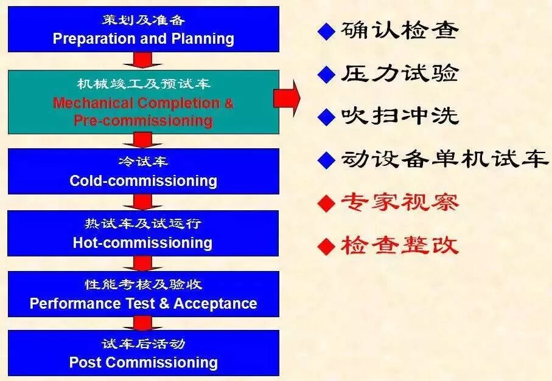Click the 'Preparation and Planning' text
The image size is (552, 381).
[143, 39]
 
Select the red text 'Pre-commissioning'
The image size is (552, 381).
[143, 120]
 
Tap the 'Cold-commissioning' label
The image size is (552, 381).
[143, 180]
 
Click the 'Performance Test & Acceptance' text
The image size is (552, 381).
[143, 303]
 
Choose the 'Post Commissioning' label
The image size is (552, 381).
[143, 363]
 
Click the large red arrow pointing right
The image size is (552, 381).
[287, 97]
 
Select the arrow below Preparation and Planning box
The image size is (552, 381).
[143, 60]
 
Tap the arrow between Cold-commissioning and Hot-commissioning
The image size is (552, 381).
[143, 202]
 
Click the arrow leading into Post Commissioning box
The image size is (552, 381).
[143, 322]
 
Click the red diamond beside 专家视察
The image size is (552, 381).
[327, 203]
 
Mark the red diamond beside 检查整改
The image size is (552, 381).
[327, 246]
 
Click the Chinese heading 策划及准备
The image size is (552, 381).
[143, 20]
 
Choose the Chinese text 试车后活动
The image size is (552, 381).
[143, 344]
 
